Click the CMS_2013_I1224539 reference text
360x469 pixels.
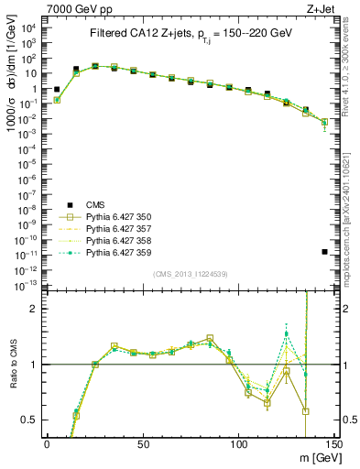coord(190,272)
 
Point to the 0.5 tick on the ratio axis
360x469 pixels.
coord(31,420)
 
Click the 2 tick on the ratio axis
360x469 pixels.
coord(38,309)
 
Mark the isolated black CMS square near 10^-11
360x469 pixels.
coord(325,252)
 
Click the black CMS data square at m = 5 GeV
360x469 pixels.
coord(57,90)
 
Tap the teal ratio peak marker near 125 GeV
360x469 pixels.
coord(287,334)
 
